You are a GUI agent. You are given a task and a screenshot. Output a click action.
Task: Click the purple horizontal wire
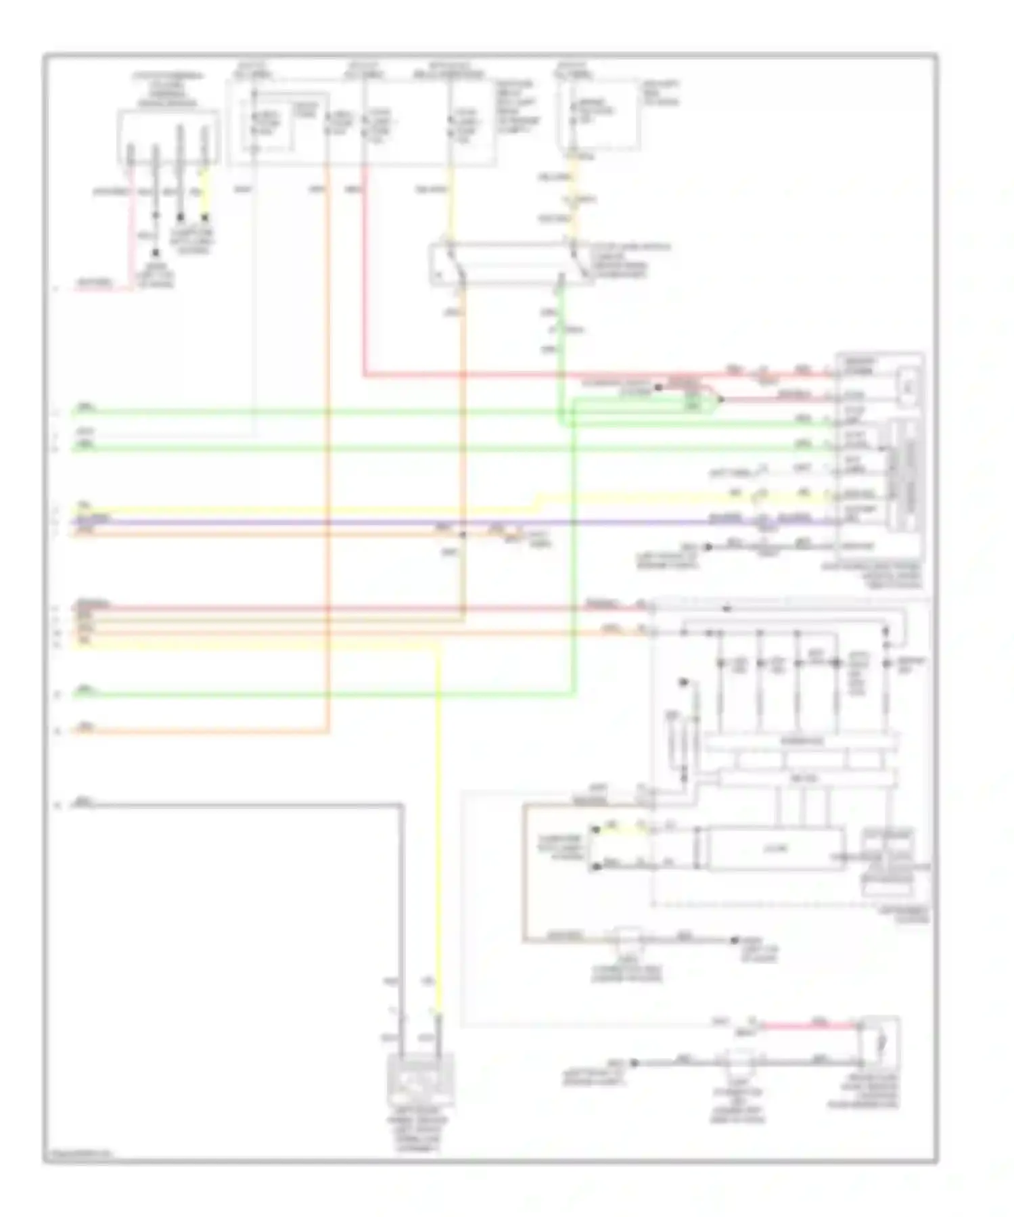(406, 522)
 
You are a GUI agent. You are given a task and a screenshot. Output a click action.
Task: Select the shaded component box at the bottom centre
(420, 1078)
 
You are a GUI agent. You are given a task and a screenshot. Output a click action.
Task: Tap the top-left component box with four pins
(168, 137)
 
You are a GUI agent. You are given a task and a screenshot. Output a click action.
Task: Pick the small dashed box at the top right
(598, 115)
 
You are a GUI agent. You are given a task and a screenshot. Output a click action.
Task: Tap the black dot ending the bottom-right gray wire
(635, 1063)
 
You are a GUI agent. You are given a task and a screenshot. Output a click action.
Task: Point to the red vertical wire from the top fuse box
(365, 271)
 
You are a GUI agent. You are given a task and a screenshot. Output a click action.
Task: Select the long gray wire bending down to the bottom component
(402, 913)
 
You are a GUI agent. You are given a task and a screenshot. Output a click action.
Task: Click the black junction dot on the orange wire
(463, 534)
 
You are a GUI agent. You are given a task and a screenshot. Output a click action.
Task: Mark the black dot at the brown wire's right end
(735, 940)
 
